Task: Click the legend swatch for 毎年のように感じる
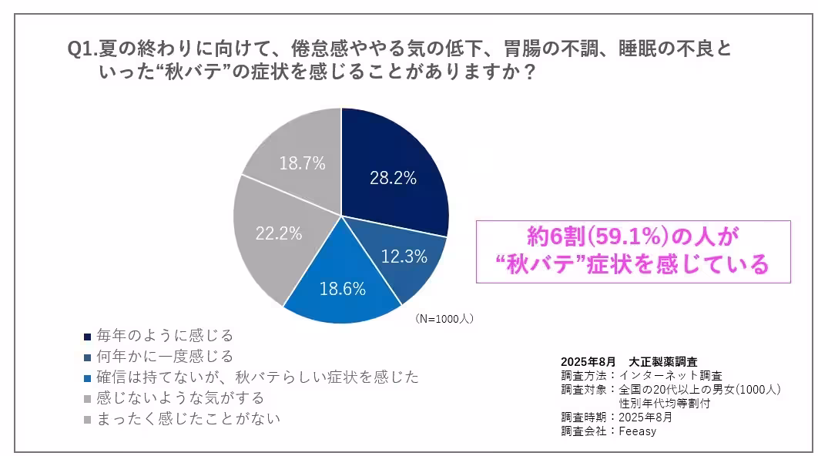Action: (87, 337)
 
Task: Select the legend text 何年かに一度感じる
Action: (164, 357)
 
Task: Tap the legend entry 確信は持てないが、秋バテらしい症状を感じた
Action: (257, 377)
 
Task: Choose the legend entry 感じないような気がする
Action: (180, 398)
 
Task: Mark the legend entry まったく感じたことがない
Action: (188, 419)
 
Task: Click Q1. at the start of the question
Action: (82, 50)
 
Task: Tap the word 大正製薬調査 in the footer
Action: (665, 361)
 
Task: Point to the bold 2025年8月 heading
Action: (588, 361)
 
